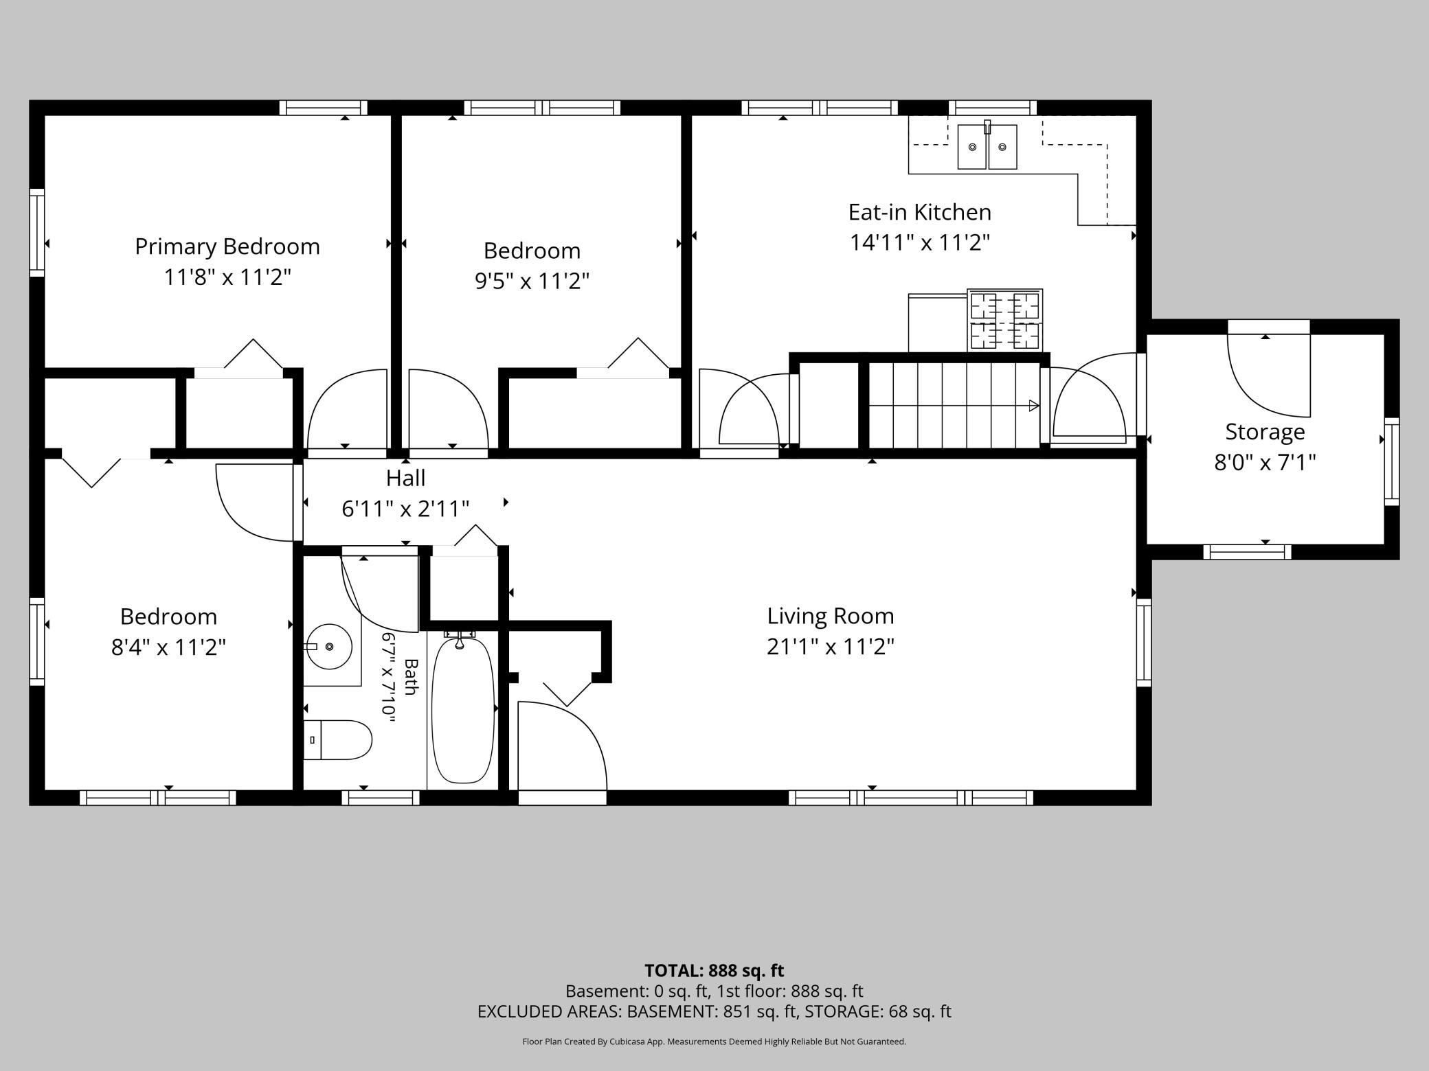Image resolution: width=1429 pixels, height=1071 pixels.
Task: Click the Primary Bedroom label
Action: click(x=227, y=246)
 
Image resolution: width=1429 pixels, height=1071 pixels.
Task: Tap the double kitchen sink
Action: click(x=988, y=146)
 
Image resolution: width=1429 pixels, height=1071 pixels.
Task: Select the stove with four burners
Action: click(x=1005, y=321)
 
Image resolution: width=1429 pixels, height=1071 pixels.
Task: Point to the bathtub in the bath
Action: click(x=462, y=709)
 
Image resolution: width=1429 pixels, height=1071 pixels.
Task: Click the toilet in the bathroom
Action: click(x=337, y=740)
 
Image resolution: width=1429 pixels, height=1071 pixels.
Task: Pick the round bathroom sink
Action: click(x=329, y=646)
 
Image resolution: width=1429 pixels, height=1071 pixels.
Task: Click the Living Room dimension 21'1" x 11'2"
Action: click(x=831, y=647)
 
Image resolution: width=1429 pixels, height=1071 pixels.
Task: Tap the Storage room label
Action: click(x=1265, y=432)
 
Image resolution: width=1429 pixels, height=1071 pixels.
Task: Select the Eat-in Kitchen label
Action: click(x=920, y=212)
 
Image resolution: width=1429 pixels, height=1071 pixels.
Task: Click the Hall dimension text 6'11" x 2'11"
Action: click(x=405, y=509)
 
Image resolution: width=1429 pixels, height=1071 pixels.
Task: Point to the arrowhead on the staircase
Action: click(x=1033, y=406)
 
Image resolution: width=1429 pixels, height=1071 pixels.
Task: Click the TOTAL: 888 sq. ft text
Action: click(x=714, y=971)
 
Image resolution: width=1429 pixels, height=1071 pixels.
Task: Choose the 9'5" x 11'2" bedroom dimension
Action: click(x=532, y=281)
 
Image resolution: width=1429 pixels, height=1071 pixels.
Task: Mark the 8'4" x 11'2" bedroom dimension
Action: click(x=169, y=647)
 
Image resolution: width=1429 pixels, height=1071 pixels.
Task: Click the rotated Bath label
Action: click(x=411, y=676)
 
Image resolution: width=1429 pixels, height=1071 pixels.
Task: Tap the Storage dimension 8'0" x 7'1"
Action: click(x=1265, y=463)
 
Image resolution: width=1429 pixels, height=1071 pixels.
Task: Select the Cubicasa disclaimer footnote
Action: click(x=714, y=1041)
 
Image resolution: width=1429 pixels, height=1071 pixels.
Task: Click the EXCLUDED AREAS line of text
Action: click(x=714, y=1011)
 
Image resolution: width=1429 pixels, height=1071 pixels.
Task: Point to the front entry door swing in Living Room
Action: click(x=563, y=746)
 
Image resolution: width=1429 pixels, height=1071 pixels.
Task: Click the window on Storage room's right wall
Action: click(x=1392, y=461)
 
